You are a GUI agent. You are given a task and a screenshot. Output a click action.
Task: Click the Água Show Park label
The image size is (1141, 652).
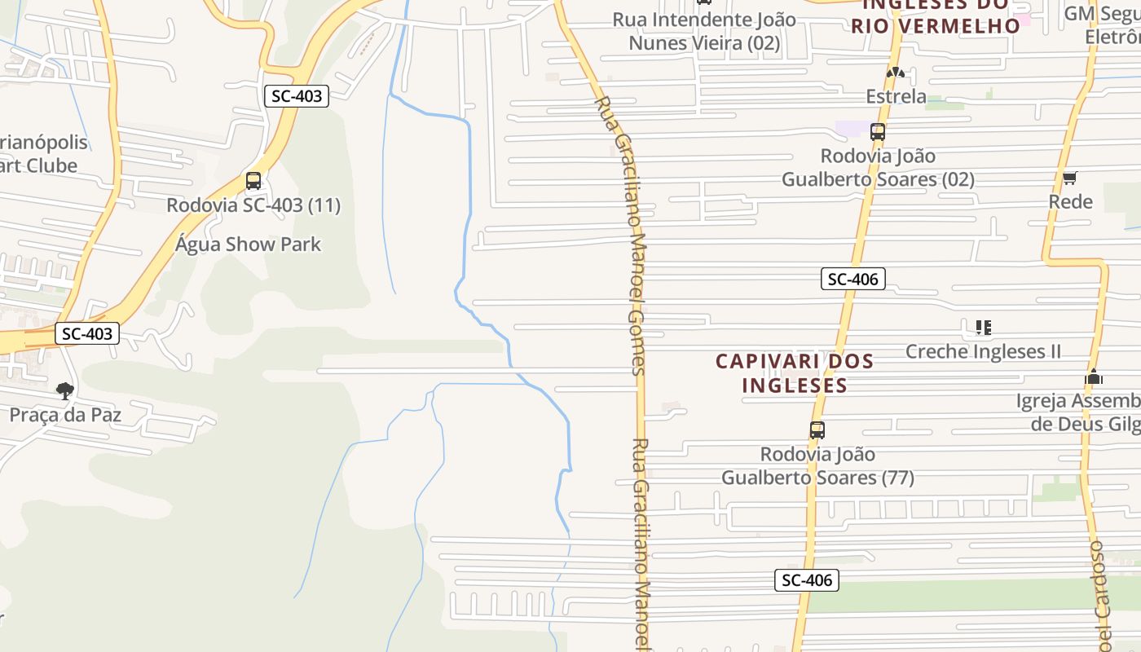click(249, 244)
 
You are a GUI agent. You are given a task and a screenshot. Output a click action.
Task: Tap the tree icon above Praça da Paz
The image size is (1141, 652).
click(65, 391)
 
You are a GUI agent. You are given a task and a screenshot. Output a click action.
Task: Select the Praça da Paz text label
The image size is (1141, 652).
click(65, 415)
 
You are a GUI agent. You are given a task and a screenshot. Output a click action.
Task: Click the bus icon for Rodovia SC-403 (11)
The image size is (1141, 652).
click(253, 181)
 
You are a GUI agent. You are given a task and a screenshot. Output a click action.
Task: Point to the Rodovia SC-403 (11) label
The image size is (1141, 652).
click(253, 205)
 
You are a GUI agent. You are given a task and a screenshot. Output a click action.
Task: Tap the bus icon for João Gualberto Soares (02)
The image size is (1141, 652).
click(878, 131)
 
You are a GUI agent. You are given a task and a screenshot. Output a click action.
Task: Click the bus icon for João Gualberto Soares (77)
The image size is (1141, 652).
click(817, 430)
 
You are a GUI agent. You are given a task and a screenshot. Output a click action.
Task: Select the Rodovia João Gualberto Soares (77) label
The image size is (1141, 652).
click(817, 465)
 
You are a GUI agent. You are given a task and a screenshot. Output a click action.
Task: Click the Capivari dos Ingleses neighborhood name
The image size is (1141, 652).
click(795, 372)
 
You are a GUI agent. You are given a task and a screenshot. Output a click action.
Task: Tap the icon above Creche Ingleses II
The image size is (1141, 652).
click(984, 328)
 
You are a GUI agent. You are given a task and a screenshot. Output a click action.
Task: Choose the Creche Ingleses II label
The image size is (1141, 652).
click(984, 351)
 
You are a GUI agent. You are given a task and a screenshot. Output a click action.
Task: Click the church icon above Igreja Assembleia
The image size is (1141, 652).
click(1094, 377)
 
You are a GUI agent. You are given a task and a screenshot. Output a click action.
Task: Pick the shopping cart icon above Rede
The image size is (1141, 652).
click(1070, 178)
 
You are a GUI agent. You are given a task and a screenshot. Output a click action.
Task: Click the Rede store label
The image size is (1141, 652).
click(1070, 201)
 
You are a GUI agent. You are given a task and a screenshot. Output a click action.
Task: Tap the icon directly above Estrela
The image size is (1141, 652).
click(896, 73)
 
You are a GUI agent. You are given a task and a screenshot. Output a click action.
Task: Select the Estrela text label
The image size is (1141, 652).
click(896, 97)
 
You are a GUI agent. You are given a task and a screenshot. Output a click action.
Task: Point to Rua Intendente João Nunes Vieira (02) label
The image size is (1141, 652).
click(704, 31)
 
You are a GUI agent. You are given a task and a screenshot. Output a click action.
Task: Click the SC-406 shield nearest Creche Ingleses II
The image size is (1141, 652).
click(852, 280)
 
